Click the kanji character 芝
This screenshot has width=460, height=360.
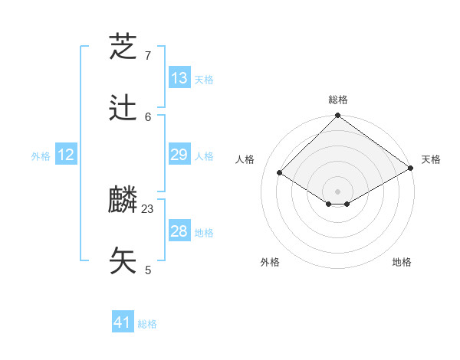pos(123,47)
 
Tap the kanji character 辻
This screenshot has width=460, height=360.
pos(123,109)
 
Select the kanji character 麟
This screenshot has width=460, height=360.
pos(123,201)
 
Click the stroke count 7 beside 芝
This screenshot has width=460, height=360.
pos(148,56)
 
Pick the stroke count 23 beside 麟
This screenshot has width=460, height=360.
pos(148,208)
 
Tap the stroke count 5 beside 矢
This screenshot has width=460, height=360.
pos(148,270)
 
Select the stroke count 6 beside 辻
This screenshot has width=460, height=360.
pos(148,116)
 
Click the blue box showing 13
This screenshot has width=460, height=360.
pos(179,78)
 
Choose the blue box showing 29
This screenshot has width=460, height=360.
pos(179,155)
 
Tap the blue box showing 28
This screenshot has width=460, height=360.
pos(179,231)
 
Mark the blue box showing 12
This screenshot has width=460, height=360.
pos(66,155)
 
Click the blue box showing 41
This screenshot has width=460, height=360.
pos(123,322)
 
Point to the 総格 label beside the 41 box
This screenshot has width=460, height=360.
pos(148,324)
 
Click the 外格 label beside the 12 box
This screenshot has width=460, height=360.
pos(41,156)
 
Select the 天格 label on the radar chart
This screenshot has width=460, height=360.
pos(431,159)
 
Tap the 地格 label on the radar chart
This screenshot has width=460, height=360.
pos(402,262)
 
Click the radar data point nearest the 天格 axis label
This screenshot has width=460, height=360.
pos(411,169)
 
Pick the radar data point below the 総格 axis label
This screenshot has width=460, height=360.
pos(337,116)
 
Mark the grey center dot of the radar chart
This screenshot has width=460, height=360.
pos(337,191)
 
